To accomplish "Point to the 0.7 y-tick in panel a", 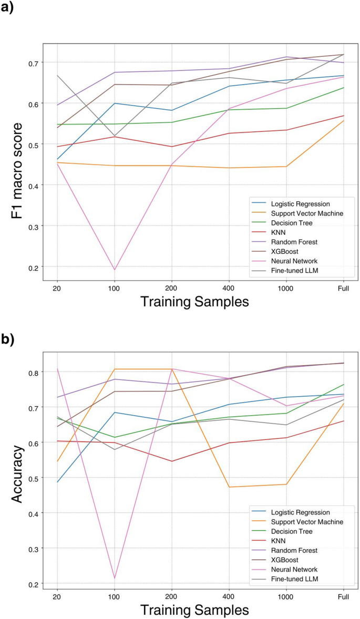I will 33,63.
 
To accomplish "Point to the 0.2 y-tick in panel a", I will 33,267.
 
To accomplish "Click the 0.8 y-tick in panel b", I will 33,372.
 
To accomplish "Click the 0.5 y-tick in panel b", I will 33,478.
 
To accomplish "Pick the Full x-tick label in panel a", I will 343,287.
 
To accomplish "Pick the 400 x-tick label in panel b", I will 229,596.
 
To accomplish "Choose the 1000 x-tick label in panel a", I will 286,287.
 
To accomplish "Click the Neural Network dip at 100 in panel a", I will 114,270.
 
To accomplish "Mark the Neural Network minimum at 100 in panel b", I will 114,578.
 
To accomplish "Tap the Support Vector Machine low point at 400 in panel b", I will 229,487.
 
